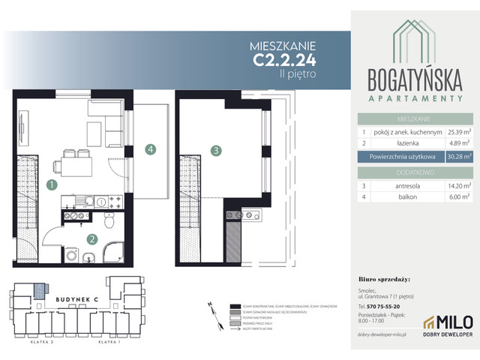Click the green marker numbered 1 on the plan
click(x=51, y=184)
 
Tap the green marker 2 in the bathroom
click(x=91, y=240)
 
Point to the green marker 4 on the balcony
click(x=151, y=150)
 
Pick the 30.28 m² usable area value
click(x=457, y=157)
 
